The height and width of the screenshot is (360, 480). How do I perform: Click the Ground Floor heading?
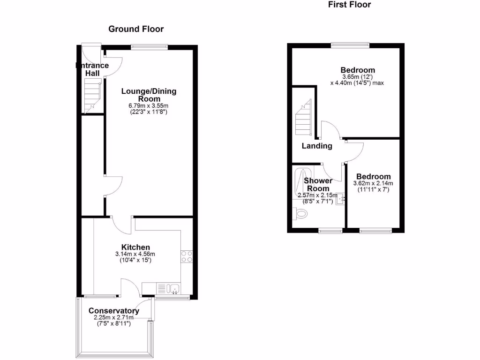[136, 29]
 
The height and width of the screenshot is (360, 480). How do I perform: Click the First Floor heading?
[349, 5]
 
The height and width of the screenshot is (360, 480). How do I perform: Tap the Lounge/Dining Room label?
[149, 95]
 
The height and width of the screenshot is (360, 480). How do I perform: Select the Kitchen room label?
[135, 247]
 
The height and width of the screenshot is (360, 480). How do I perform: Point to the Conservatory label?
[113, 311]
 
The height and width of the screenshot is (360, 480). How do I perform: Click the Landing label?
[317, 146]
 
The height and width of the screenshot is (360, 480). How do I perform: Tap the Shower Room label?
[318, 184]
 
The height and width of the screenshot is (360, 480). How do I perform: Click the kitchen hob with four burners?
[187, 256]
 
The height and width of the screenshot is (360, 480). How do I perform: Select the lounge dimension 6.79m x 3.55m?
[149, 106]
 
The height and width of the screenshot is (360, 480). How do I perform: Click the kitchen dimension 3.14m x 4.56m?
[135, 255]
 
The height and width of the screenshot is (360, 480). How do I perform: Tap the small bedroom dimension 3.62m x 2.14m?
[373, 183]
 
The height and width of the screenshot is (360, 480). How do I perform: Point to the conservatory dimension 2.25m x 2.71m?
[113, 318]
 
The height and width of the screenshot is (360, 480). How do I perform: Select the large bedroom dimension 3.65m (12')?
[358, 77]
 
